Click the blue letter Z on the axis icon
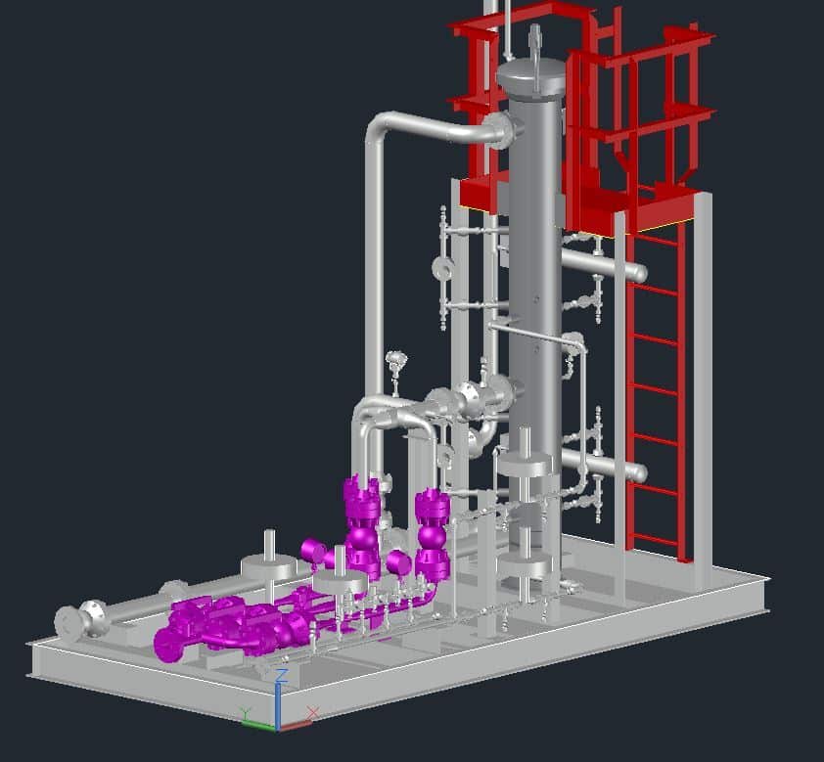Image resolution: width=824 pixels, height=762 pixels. point(282,675)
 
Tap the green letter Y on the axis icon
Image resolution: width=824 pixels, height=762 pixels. point(246,713)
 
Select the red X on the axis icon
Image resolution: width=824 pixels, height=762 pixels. point(313,713)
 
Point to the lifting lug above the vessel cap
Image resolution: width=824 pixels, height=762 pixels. point(535,38)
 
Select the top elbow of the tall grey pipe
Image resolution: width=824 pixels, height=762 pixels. point(379,125)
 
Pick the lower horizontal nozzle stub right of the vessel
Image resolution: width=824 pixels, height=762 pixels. point(605,466)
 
